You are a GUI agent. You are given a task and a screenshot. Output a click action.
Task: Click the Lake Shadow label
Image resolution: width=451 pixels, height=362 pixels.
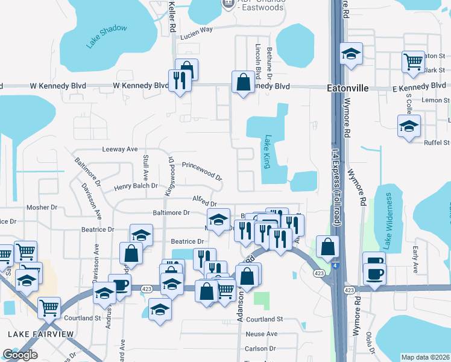point(106,37)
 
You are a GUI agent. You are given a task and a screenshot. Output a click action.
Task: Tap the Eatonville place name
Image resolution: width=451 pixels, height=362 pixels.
point(347,88)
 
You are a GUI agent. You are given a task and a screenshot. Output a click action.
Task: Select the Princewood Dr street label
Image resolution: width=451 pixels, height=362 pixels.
point(203,170)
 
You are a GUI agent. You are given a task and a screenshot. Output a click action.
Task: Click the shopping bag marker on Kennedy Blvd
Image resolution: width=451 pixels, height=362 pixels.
point(242,83)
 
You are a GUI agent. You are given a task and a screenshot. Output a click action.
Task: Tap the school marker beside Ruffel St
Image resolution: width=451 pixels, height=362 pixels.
point(409,126)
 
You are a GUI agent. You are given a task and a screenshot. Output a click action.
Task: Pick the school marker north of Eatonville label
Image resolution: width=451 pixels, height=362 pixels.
point(350,53)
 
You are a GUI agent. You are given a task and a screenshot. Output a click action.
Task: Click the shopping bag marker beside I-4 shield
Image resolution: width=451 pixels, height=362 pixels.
point(327,246)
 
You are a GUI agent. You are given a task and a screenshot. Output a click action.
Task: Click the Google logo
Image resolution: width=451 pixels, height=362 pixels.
point(19,355)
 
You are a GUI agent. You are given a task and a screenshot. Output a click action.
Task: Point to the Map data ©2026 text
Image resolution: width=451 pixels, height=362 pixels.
point(425,357)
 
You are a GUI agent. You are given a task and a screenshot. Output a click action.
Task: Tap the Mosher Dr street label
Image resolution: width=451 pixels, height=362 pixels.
point(42,208)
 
